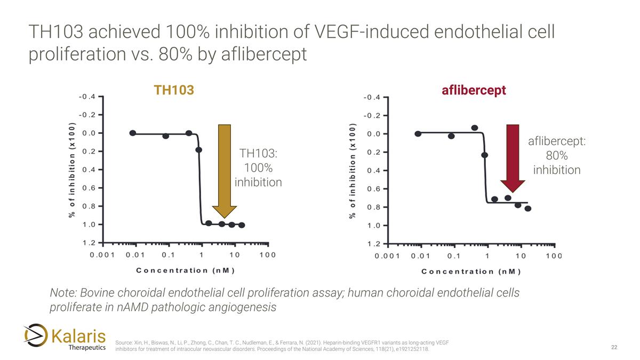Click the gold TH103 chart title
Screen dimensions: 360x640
pyautogui.click(x=173, y=90)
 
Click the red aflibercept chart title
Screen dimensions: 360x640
pyautogui.click(x=473, y=90)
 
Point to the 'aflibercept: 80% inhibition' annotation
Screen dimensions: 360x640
pyautogui.click(x=557, y=156)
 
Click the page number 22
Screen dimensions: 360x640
pyautogui.click(x=614, y=348)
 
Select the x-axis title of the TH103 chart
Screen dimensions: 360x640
pyautogui.click(x=186, y=270)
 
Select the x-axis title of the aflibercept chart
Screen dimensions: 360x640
pyautogui.click(x=471, y=271)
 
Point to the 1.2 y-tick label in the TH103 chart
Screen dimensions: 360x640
pyautogui.click(x=89, y=243)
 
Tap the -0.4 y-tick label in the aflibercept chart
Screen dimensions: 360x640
pyautogui.click(x=372, y=98)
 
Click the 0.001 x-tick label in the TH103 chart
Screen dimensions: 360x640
pyautogui.click(x=102, y=255)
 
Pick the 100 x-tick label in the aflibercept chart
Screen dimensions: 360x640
pyautogui.click(x=554, y=256)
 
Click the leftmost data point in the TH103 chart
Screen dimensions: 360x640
pyautogui.click(x=133, y=133)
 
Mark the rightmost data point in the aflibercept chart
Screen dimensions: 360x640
pyautogui.click(x=528, y=209)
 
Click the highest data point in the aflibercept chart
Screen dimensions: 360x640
pyautogui.click(x=475, y=127)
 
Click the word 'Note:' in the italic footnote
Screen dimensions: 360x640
pyautogui.click(x=62, y=293)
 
